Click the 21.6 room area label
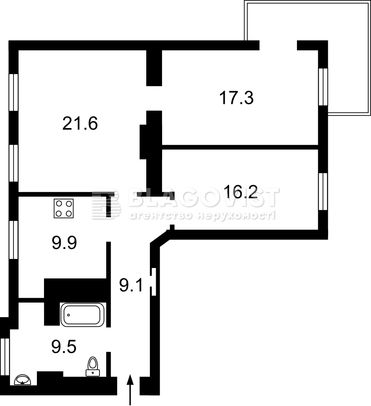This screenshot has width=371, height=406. click(80, 123)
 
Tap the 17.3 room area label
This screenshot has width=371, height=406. click(236, 98)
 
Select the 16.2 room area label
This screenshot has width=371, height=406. click(241, 192)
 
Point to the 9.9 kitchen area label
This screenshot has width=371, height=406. click(64, 243)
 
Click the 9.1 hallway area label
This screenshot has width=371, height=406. click(131, 285)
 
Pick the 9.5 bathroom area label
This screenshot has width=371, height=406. click(64, 347)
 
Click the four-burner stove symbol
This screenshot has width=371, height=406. click(64, 208)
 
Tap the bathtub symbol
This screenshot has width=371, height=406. click(82, 314)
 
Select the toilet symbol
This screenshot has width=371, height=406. click(93, 366)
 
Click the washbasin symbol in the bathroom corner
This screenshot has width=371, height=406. click(23, 379)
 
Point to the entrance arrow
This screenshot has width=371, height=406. click(130, 389)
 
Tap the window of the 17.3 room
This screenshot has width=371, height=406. click(323, 87)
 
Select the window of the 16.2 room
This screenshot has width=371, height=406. click(323, 192)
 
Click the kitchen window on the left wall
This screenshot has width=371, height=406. click(13, 239)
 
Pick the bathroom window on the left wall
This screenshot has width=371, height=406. click(5, 357)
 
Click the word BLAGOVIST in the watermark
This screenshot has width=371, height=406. click(204, 197)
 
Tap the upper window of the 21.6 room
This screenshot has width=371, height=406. click(13, 92)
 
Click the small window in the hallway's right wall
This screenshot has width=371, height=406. click(154, 282)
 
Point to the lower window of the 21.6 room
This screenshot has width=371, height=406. click(13, 163)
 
